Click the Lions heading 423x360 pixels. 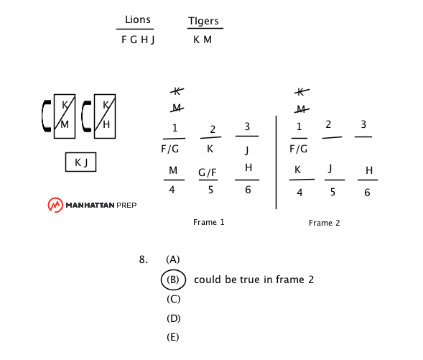coord(138,19)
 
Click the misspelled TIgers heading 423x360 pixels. coord(203,21)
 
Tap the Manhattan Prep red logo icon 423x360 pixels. coord(55,205)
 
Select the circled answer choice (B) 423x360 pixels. coord(173,280)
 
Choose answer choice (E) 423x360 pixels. coord(173,337)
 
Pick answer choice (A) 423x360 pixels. coord(173,259)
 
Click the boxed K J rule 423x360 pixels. coord(80,162)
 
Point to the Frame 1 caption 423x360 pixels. coord(208,222)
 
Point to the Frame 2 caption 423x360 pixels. coord(325,223)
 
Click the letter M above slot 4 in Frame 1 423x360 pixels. coord(173,170)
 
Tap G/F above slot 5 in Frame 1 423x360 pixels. coord(207,172)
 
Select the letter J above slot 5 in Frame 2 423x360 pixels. coord(330,169)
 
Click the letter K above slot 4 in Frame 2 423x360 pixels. coord(297,170)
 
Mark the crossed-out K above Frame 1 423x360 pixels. coord(177,91)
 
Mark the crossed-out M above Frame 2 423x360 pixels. coord(302,109)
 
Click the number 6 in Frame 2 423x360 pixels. coord(367,193)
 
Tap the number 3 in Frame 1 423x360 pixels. coord(247,126)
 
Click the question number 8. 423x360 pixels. coord(143,259)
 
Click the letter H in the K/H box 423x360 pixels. coord(106,125)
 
